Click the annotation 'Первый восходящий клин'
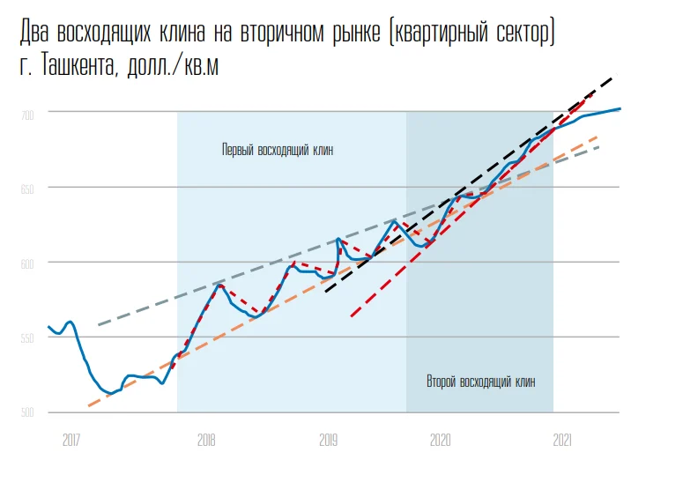pos(278,149)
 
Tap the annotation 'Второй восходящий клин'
pos(480,382)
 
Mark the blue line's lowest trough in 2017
pos(108,393)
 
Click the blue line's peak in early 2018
pos(219,285)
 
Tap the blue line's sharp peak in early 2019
pos(338,239)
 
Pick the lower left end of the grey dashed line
pos(98,325)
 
